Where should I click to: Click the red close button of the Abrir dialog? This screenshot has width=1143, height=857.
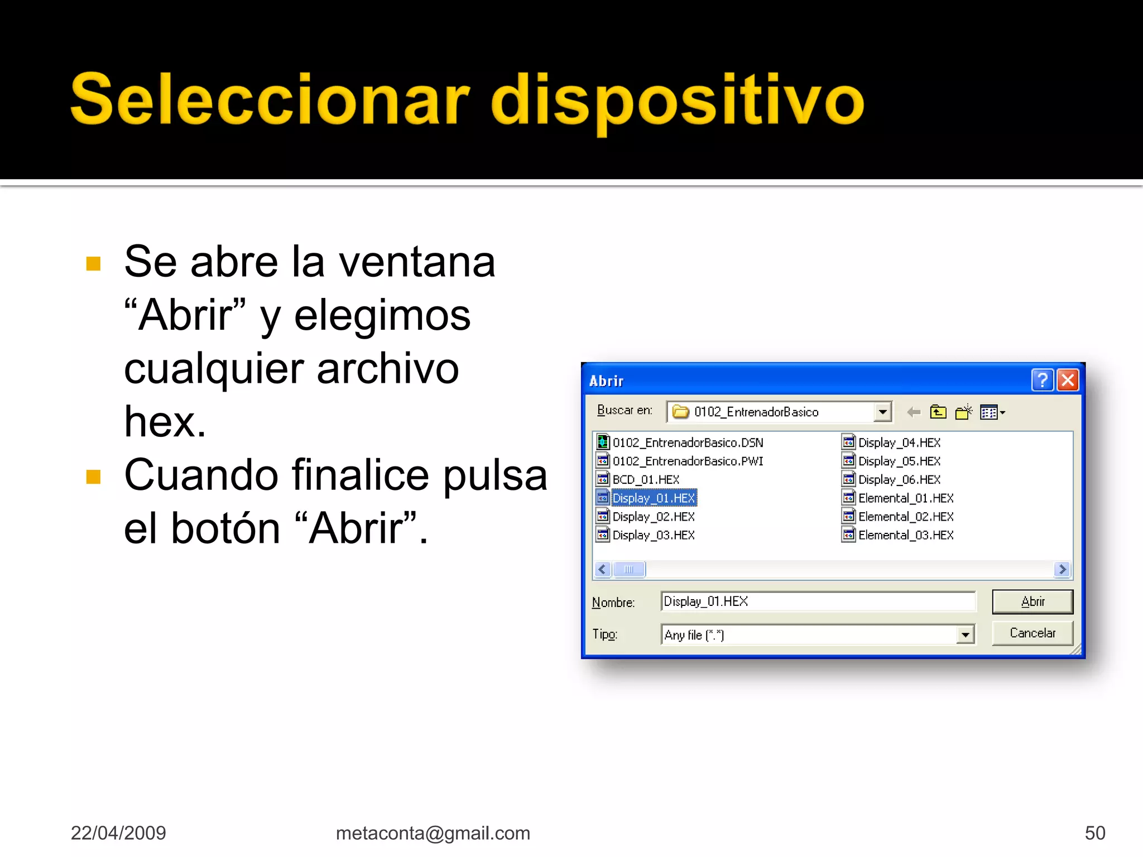click(1068, 381)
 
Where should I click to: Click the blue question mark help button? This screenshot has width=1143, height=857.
click(1042, 381)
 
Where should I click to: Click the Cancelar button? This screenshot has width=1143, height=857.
click(1032, 633)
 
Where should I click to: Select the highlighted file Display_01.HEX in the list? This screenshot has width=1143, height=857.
click(653, 498)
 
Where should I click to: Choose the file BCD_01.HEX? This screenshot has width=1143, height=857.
click(646, 480)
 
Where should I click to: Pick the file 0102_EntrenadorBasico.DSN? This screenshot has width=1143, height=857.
click(688, 443)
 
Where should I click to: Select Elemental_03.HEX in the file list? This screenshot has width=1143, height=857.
click(905, 536)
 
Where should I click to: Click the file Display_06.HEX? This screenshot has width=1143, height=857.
click(899, 480)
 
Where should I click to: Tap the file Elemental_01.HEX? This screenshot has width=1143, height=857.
click(905, 498)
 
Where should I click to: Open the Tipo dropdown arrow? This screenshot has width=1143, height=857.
click(965, 635)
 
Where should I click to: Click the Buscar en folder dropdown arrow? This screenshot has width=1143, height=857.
click(882, 412)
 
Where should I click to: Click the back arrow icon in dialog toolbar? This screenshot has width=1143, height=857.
click(914, 412)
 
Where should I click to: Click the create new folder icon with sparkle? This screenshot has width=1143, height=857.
click(963, 412)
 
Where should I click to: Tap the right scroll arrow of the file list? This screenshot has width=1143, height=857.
click(1063, 569)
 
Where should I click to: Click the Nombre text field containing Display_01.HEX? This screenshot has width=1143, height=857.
click(818, 601)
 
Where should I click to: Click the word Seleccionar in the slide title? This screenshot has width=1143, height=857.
click(270, 99)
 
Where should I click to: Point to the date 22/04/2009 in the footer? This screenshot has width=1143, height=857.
click(118, 833)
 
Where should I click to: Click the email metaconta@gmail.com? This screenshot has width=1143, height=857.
click(433, 833)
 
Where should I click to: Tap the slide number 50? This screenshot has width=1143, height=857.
click(1094, 833)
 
